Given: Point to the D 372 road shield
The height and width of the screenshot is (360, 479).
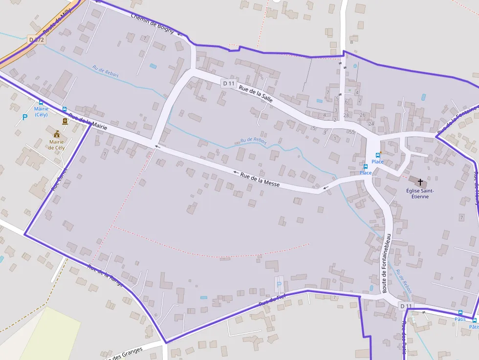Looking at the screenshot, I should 36,40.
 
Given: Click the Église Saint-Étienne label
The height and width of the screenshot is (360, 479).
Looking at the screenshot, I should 420,193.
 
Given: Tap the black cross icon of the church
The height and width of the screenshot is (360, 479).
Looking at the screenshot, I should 420,182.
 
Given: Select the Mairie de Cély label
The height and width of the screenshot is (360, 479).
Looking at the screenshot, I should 57,145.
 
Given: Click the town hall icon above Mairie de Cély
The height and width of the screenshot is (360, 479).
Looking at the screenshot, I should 57,133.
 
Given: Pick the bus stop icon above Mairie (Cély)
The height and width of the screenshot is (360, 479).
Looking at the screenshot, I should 41,103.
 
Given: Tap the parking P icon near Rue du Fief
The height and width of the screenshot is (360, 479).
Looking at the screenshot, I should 279,284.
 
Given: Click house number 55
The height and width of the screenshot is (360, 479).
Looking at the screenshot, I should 352,132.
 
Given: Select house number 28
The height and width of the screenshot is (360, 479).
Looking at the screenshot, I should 346,115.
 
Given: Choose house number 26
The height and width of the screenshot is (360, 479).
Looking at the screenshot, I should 362,115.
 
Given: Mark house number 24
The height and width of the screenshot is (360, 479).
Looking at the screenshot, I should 371,124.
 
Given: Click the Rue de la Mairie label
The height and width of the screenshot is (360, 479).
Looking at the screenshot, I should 88,122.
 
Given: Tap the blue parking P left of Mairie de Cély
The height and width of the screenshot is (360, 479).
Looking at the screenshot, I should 25,117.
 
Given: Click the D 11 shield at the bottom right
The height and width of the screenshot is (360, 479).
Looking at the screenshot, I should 406,306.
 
